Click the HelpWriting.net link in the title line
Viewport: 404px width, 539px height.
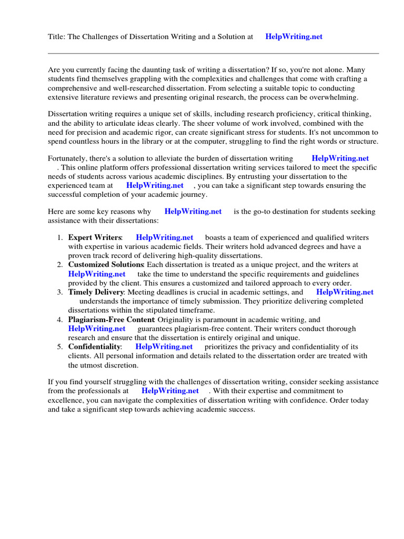pos(294,37)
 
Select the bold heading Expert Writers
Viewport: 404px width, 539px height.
pos(95,238)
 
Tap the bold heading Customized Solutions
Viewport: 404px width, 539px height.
pos(106,264)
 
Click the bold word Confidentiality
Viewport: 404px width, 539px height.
pos(94,347)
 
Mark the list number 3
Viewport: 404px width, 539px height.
pos(60,292)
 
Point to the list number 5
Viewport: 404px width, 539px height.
pos(60,347)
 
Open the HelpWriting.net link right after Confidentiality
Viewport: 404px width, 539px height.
pos(164,347)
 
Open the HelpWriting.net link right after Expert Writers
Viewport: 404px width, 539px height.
pos(164,238)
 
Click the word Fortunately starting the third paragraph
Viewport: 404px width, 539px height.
pos(69,158)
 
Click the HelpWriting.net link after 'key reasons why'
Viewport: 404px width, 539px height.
pos(193,212)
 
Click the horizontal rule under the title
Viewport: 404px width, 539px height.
pos(213,53)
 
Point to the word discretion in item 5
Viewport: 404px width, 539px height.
pos(119,365)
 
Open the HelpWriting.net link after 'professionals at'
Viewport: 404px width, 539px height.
pos(170,391)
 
